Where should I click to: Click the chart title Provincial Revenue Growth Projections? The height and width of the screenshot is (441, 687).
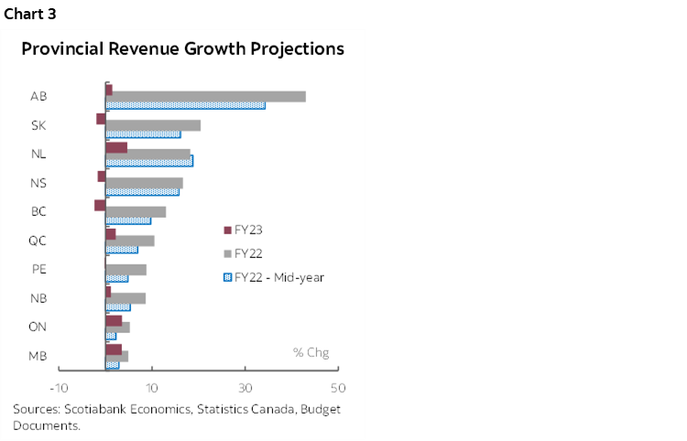click(183, 48)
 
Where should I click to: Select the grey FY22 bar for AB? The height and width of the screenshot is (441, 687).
click(206, 96)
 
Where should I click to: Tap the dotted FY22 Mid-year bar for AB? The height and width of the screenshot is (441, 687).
click(185, 105)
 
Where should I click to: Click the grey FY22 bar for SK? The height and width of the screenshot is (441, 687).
click(153, 125)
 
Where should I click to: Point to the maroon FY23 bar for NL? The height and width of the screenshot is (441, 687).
click(116, 146)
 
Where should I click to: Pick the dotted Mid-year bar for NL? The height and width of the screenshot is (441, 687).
click(149, 161)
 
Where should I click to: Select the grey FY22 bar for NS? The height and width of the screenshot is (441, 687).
click(144, 183)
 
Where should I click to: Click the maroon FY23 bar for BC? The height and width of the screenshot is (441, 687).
click(100, 205)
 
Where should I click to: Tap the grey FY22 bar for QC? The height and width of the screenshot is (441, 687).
click(130, 241)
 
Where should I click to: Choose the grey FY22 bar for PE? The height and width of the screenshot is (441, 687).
click(125, 270)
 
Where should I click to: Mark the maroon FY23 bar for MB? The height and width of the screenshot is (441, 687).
click(114, 349)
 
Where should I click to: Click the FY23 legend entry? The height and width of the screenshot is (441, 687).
click(247, 230)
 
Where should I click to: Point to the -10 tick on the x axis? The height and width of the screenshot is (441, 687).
click(60, 386)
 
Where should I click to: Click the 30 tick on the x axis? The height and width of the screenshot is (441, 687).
click(245, 386)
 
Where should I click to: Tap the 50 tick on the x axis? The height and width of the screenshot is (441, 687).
click(337, 386)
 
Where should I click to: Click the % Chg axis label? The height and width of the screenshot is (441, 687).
click(311, 352)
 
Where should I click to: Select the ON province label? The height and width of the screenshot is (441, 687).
click(38, 327)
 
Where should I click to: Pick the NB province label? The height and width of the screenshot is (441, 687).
click(38, 298)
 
